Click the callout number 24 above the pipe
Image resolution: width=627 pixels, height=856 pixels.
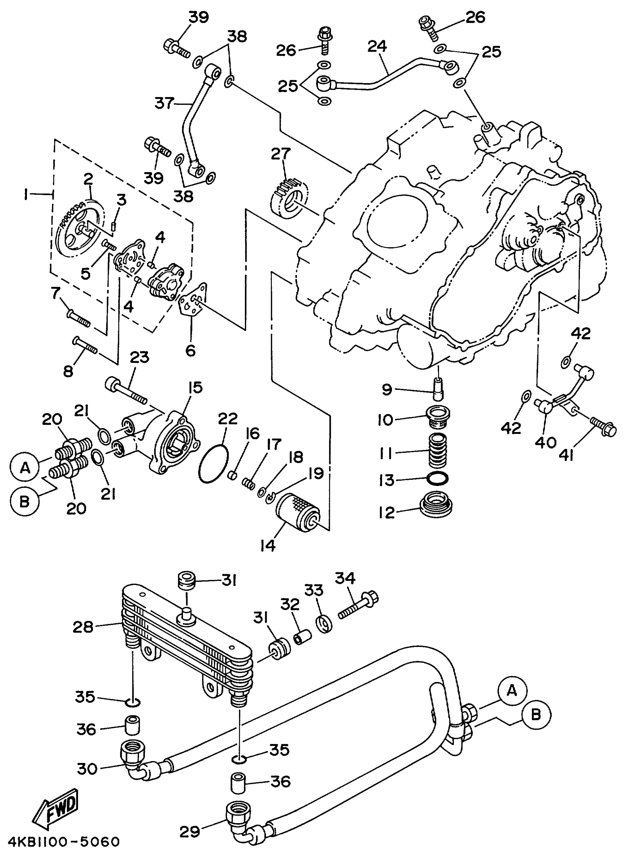point(377,47)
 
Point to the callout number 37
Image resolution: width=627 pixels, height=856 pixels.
point(164,103)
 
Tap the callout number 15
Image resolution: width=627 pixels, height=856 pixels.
point(195,387)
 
